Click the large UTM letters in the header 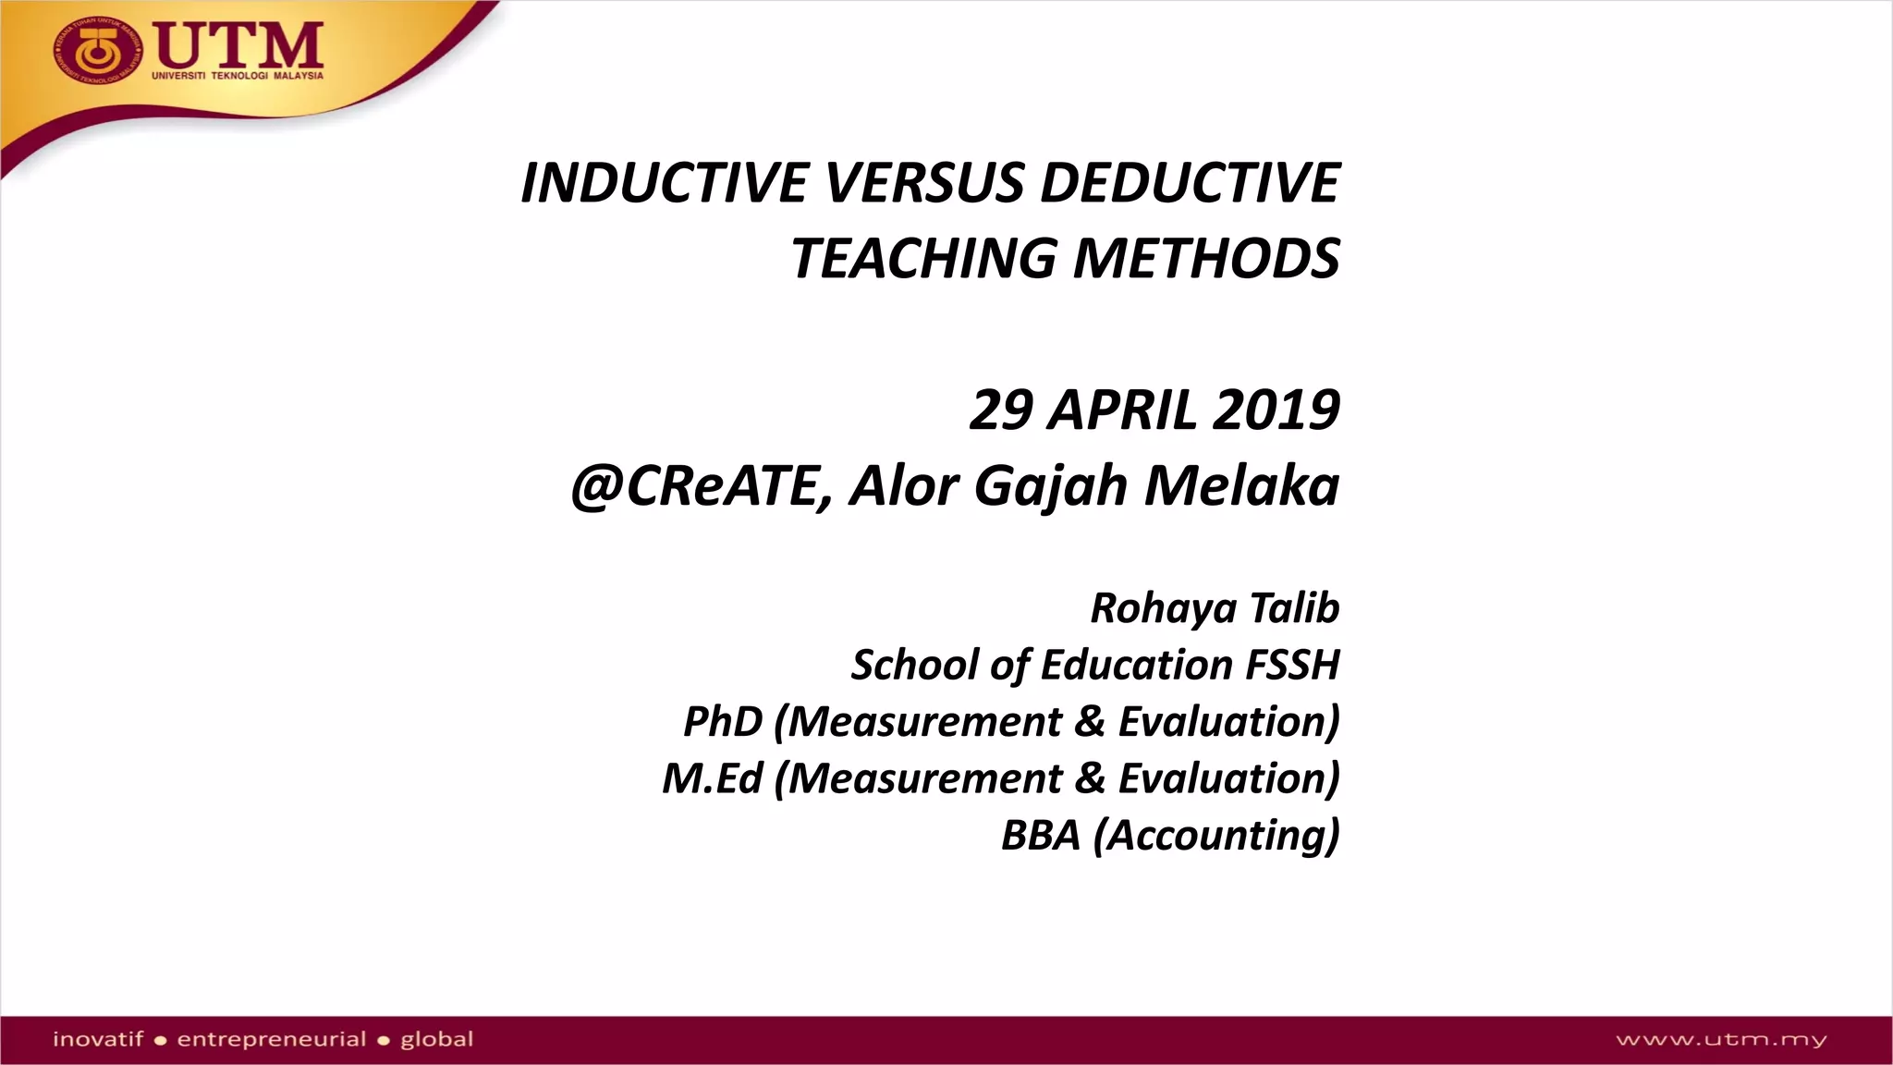238,43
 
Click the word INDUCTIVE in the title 665,183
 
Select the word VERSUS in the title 923,183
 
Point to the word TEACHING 922,259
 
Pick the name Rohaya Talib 1215,608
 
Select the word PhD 723,722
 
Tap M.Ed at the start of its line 713,778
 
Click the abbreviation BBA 1041,836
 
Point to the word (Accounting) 1216,836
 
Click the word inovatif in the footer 98,1039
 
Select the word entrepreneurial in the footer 272,1039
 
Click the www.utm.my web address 1721,1040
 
